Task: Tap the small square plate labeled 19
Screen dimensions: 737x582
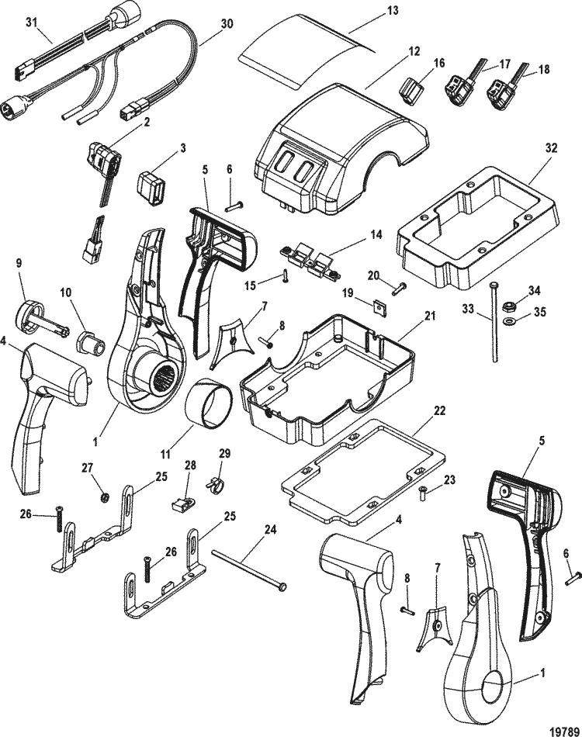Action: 378,306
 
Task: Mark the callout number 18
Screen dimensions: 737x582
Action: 542,69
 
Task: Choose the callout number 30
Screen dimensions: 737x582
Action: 227,23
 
